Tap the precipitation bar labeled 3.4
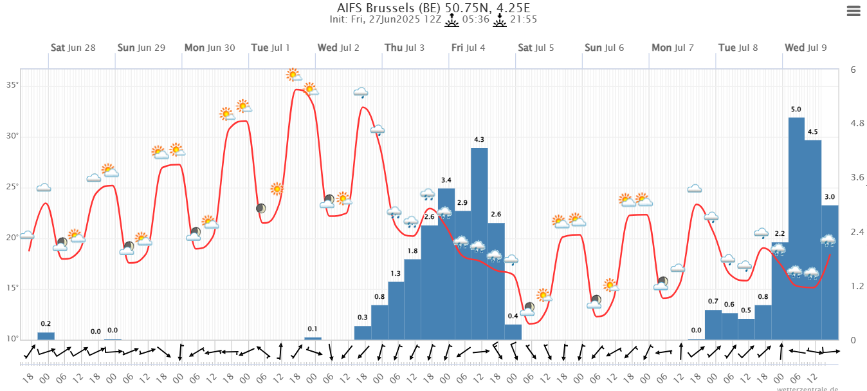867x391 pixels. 446,263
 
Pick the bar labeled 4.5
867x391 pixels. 813,239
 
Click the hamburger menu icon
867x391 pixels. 853,11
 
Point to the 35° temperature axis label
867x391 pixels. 13,85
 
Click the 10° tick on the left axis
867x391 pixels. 13,339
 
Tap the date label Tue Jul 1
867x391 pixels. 270,48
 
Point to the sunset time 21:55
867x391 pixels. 524,19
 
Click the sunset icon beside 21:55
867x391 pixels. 500,20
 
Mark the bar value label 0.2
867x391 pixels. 46,324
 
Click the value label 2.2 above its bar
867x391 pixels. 780,234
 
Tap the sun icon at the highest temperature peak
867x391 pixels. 294,75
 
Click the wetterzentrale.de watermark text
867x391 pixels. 807,388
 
